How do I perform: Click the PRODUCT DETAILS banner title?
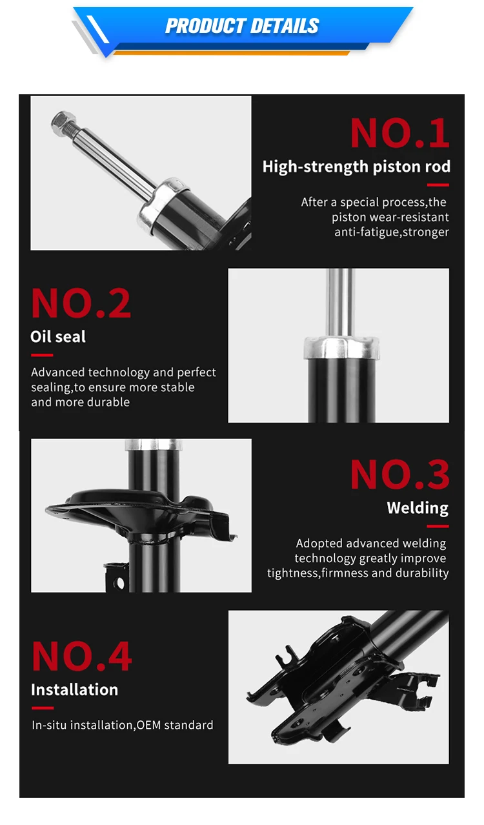pyautogui.click(x=242, y=26)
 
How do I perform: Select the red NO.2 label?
pyautogui.click(x=81, y=303)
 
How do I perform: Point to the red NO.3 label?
pyautogui.click(x=399, y=474)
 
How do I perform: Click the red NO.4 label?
pyautogui.click(x=81, y=657)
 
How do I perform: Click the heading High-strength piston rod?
pyautogui.click(x=356, y=167)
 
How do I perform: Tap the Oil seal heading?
pyautogui.click(x=58, y=336)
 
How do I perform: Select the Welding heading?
pyautogui.click(x=418, y=508)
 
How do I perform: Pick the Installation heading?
pyautogui.click(x=74, y=689)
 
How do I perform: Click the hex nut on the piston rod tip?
pyautogui.click(x=63, y=123)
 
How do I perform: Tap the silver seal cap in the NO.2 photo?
pyautogui.click(x=341, y=347)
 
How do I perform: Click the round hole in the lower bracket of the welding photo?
pyautogui.click(x=118, y=583)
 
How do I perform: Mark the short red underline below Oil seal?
pyautogui.click(x=42, y=355)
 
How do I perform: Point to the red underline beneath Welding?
pyautogui.click(x=438, y=527)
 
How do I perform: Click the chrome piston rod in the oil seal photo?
pyautogui.click(x=341, y=303)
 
